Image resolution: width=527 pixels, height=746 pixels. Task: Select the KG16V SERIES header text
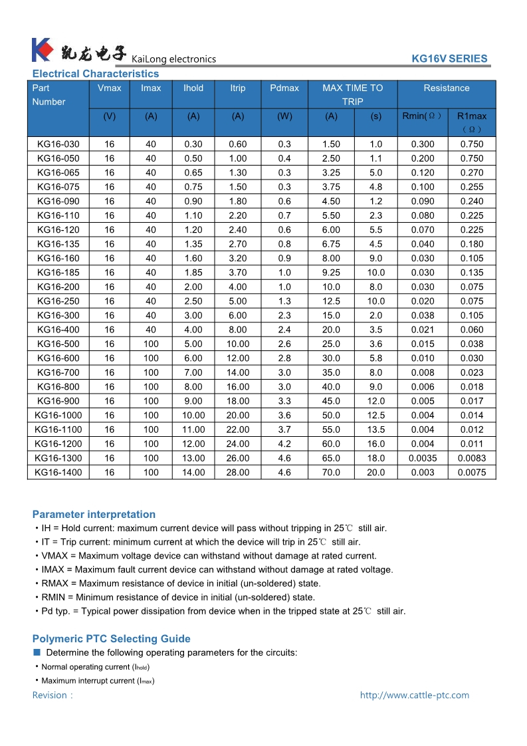[x=449, y=59]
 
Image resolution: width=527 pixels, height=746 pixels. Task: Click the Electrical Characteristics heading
[x=96, y=74]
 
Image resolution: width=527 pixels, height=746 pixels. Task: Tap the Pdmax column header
[x=284, y=88]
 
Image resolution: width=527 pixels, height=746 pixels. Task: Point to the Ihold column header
[x=193, y=88]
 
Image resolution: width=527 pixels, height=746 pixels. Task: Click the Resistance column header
[x=447, y=88]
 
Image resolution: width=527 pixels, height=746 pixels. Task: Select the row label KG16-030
[x=58, y=144]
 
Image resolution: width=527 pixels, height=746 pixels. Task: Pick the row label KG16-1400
[x=58, y=473]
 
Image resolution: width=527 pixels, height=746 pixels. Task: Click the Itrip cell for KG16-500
[x=238, y=344]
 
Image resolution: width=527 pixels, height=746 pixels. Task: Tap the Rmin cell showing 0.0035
[x=423, y=458]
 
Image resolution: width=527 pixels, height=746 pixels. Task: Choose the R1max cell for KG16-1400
[x=472, y=473]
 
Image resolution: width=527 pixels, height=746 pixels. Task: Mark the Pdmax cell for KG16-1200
[x=284, y=444]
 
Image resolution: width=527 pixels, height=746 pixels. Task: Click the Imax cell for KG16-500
[x=151, y=344]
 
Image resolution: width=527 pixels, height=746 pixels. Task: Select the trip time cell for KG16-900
[x=376, y=402]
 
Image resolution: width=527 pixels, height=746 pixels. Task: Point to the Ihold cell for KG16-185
[x=193, y=273]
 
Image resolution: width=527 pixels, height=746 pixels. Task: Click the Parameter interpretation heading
[x=94, y=515]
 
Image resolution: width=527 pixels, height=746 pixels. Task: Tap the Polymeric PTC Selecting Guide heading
[x=111, y=639]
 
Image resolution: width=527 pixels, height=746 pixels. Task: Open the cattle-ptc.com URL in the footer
[x=414, y=695]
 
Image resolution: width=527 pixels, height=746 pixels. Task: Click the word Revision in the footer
[x=50, y=695]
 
